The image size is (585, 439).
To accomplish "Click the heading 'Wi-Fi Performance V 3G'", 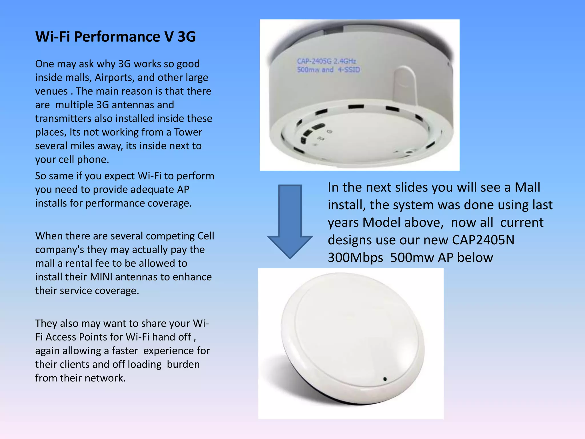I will (115, 37).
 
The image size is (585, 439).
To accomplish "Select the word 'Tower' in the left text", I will (188, 132).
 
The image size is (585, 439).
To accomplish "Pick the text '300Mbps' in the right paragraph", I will (355, 258).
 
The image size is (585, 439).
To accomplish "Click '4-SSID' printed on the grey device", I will (349, 70).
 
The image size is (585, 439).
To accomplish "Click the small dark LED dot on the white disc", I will (385, 379).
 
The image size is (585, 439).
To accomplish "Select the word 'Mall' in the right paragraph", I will (527, 187).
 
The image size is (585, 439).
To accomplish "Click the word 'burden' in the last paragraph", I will (183, 364).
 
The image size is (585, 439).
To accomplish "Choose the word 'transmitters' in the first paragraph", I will (63, 119).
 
